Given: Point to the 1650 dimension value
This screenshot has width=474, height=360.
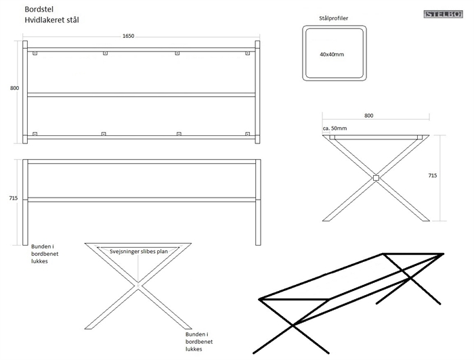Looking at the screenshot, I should point(129,36).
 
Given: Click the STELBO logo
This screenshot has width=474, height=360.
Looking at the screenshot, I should point(444,14).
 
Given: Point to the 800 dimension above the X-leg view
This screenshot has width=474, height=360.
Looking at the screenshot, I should point(369,116).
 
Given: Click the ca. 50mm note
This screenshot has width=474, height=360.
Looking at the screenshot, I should point(335,128).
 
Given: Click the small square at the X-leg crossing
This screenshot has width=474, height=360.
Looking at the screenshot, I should point(376,179).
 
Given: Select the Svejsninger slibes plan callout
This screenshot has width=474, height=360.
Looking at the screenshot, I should point(138,251).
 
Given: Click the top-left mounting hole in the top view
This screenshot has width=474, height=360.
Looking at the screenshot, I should point(35,53).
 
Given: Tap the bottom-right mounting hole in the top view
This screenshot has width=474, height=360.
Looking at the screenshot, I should point(247,134).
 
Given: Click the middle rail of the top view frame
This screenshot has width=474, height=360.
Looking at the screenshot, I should point(142,95).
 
